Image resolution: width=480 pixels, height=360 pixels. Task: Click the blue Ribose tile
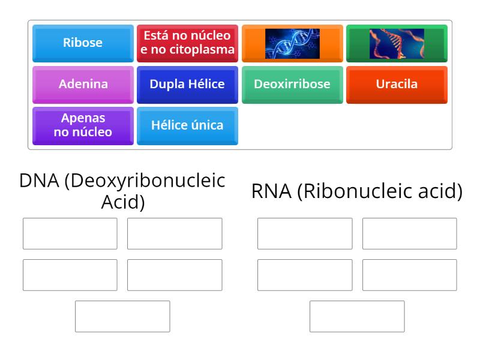(x=83, y=43)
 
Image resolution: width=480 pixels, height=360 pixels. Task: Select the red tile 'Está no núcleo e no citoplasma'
(x=187, y=43)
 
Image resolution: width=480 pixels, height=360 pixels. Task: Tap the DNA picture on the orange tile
(x=292, y=43)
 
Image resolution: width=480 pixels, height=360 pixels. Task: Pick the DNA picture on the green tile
(x=397, y=43)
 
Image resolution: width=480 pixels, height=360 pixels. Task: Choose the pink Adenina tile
(x=83, y=84)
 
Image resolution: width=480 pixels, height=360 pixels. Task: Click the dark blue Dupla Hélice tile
(x=187, y=84)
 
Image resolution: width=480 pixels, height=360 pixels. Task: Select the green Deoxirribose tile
(x=292, y=84)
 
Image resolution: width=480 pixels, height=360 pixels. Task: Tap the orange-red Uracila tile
(x=397, y=84)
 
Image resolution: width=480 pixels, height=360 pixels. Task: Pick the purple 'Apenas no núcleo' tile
(x=83, y=125)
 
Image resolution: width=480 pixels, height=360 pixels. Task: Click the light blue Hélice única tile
(x=187, y=125)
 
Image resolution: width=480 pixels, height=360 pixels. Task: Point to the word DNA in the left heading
(x=40, y=181)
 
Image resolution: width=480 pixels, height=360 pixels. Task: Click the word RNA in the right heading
(x=271, y=191)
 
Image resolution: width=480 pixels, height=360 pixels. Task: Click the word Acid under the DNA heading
(x=123, y=202)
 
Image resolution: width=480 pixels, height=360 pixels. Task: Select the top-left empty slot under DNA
(x=70, y=233)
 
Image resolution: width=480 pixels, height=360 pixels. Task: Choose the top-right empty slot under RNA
(x=409, y=233)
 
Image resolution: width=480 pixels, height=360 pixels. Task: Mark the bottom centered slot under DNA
(x=122, y=316)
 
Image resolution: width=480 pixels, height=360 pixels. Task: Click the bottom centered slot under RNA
(x=357, y=316)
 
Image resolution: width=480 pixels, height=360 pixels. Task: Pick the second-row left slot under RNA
(x=305, y=275)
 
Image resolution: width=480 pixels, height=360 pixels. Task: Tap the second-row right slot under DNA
(x=175, y=275)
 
